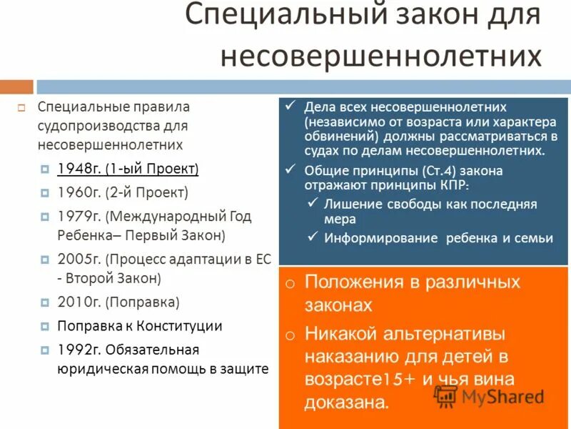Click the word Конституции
tap(184, 326)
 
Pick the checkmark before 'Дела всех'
tap(290, 105)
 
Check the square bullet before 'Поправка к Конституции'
tap(44, 326)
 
